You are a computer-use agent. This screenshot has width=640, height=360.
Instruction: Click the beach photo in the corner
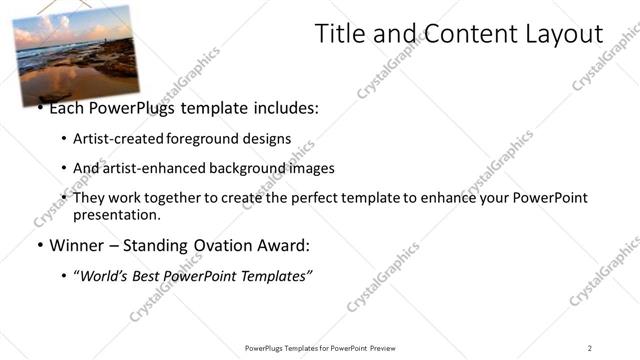[x=75, y=52]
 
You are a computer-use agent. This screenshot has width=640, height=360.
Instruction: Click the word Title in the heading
[x=342, y=35]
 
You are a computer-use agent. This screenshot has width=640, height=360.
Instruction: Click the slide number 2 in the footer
[x=590, y=347]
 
